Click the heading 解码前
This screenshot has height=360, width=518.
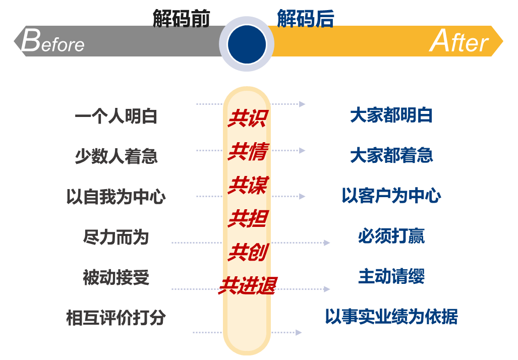coord(181,18)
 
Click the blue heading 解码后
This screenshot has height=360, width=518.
coord(306,18)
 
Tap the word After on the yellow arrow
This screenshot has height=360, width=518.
coord(459,41)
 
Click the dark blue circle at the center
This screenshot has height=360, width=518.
coord(247,44)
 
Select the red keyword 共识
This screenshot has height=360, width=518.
coord(248,118)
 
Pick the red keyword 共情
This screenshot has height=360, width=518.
coord(248,152)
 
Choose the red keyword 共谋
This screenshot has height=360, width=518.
coord(248,185)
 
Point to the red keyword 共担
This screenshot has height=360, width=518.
coord(248,218)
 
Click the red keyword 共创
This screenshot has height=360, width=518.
coord(248,252)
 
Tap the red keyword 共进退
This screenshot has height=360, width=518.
coord(248,286)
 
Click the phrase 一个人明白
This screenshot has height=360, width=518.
coord(116,116)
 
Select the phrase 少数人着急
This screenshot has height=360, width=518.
coord(117,156)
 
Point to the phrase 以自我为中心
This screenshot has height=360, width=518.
coord(116,197)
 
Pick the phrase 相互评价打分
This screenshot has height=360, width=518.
coord(116,318)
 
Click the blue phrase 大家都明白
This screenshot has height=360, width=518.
coord(391,115)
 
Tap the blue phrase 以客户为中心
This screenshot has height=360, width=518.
coord(391,195)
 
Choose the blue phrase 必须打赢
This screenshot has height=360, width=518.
coord(391,236)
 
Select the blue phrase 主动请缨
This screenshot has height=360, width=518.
coord(391,276)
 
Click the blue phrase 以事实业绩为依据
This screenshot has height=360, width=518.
coord(391,317)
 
